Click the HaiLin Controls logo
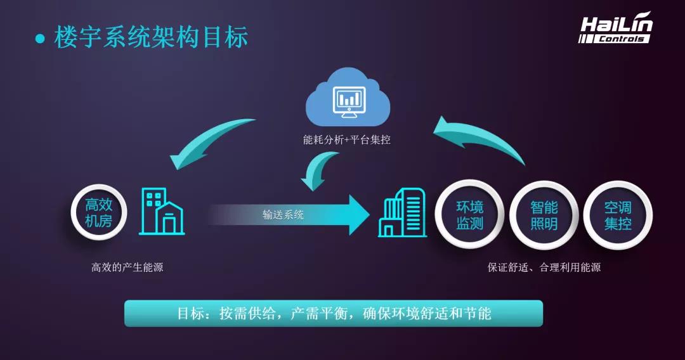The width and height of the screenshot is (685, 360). [615, 28]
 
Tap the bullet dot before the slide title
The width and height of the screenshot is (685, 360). [40, 39]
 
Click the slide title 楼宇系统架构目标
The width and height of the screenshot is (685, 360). [151, 37]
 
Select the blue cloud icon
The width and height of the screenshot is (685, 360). [348, 96]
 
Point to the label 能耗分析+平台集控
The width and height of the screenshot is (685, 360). [346, 139]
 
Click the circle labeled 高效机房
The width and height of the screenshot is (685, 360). [99, 212]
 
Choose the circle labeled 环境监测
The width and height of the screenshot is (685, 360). [469, 215]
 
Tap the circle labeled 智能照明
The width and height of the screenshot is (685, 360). [544, 215]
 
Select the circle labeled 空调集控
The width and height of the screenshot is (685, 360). [618, 215]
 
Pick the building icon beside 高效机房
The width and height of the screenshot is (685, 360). [162, 212]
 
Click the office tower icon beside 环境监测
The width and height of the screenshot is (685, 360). [402, 213]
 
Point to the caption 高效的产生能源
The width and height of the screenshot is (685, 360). [127, 267]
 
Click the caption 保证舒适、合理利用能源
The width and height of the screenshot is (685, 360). [544, 267]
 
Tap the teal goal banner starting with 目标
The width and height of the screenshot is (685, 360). [334, 313]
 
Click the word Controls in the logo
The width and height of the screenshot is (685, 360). [621, 39]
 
